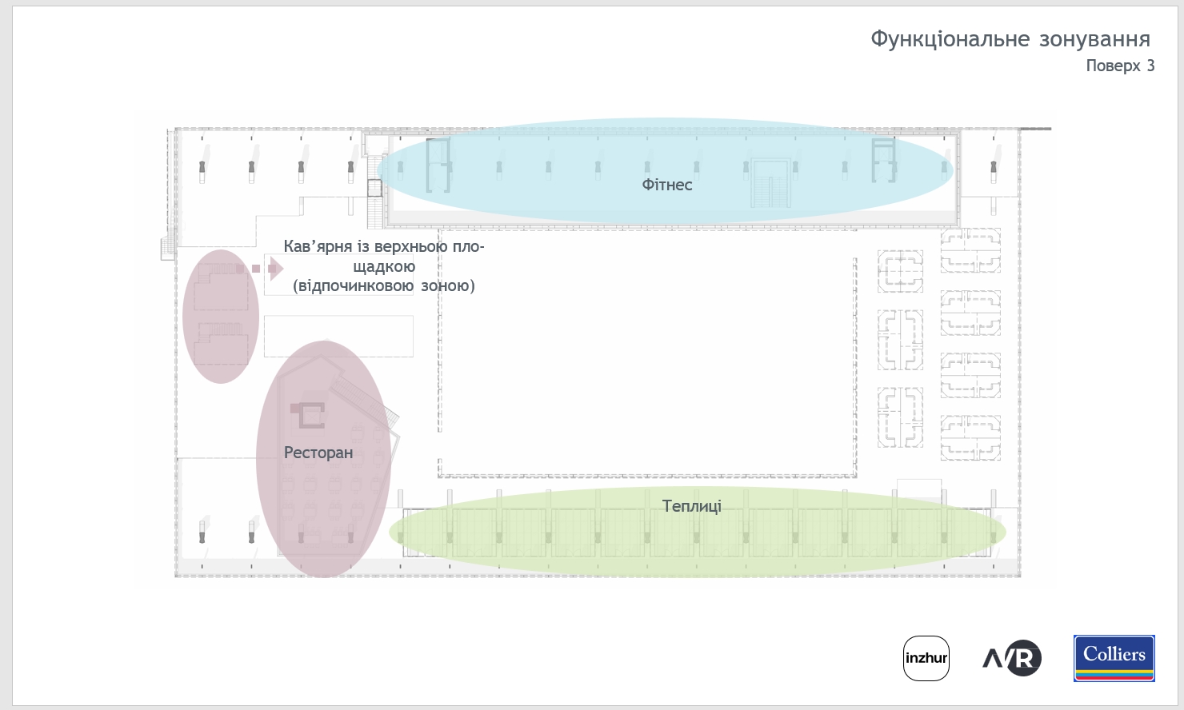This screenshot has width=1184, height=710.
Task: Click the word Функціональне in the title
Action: click(x=950, y=40)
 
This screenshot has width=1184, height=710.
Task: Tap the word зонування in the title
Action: click(x=1094, y=40)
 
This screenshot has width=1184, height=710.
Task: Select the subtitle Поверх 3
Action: click(x=1121, y=66)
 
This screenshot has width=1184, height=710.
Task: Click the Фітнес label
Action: click(x=667, y=185)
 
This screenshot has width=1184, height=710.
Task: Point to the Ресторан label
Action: click(x=318, y=453)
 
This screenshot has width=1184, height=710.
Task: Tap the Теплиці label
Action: click(x=692, y=506)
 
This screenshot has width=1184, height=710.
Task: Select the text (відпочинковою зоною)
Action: click(x=384, y=285)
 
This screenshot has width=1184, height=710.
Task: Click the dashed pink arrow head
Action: click(x=277, y=269)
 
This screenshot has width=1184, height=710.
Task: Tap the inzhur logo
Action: click(x=926, y=658)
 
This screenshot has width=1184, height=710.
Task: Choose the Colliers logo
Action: click(x=1114, y=658)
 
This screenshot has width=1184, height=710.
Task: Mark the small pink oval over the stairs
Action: click(x=221, y=317)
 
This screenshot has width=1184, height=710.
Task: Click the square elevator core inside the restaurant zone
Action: click(x=308, y=415)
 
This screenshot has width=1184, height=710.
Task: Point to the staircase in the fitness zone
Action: click(x=770, y=183)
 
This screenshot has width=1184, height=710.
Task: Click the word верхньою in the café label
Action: click(x=411, y=247)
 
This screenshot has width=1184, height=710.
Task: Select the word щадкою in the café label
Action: click(x=384, y=267)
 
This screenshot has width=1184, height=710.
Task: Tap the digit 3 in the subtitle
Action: click(x=1150, y=66)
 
